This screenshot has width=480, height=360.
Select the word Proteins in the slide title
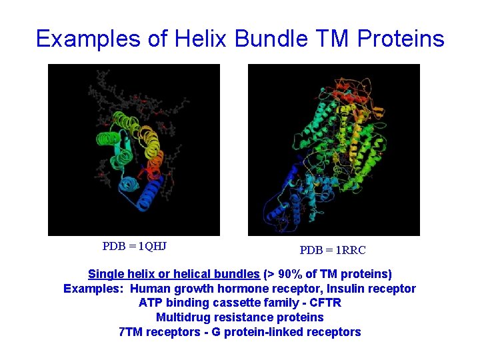401,39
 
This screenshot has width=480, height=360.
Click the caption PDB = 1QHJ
134,246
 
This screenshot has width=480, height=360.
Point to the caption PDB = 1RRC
333,251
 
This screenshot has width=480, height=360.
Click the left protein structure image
134,150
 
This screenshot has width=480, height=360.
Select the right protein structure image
334,150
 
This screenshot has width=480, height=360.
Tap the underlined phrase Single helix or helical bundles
173,274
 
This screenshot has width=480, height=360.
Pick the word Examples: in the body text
93,289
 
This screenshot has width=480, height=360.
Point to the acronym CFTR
325,303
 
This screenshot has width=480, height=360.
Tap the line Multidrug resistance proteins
239,317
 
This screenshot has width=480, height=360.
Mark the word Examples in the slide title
91,39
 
